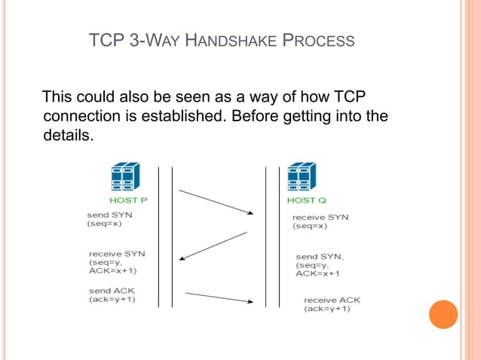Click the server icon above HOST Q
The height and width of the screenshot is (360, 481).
[x=301, y=177]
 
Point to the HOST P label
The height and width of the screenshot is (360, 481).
[x=128, y=200]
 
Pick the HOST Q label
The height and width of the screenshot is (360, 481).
[x=306, y=200]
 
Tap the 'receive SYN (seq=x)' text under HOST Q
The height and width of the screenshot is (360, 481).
[x=320, y=221]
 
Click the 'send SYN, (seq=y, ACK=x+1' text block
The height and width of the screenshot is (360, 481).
[x=320, y=265]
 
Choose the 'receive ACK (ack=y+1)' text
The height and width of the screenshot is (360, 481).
[x=332, y=304]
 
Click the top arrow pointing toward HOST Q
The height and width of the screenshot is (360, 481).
[x=216, y=202]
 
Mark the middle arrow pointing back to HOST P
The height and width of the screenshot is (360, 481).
[x=213, y=246]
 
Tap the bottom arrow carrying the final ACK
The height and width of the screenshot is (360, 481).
[x=219, y=297]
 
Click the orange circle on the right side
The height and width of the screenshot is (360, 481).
[x=443, y=314]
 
